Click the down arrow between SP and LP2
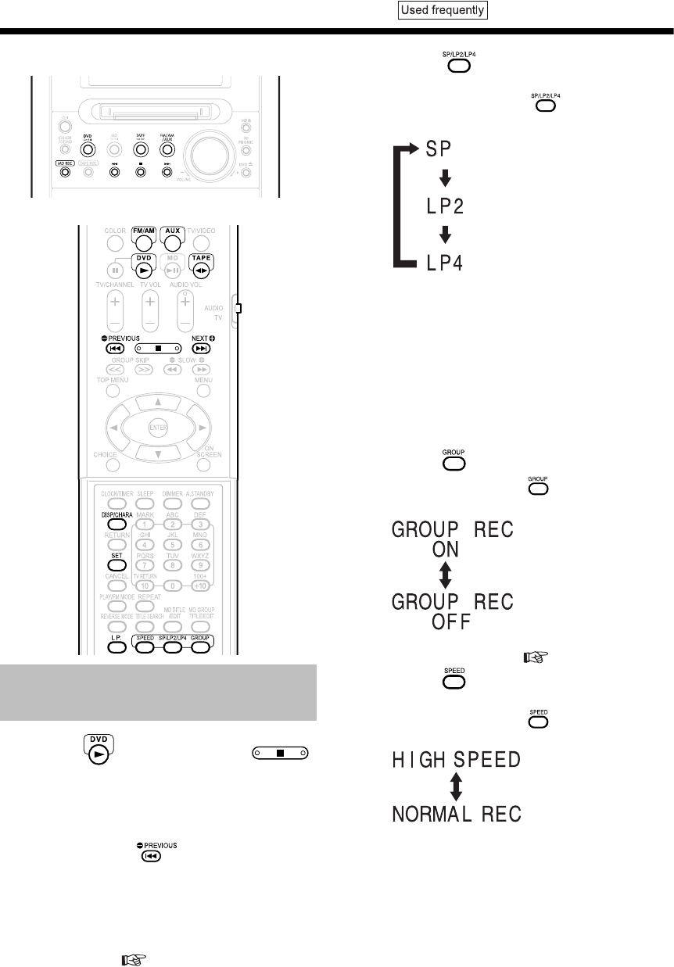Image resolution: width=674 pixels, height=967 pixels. tap(445, 178)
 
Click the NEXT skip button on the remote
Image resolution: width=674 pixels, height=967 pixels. tap(201, 347)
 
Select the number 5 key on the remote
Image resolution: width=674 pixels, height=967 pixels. tap(144, 543)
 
